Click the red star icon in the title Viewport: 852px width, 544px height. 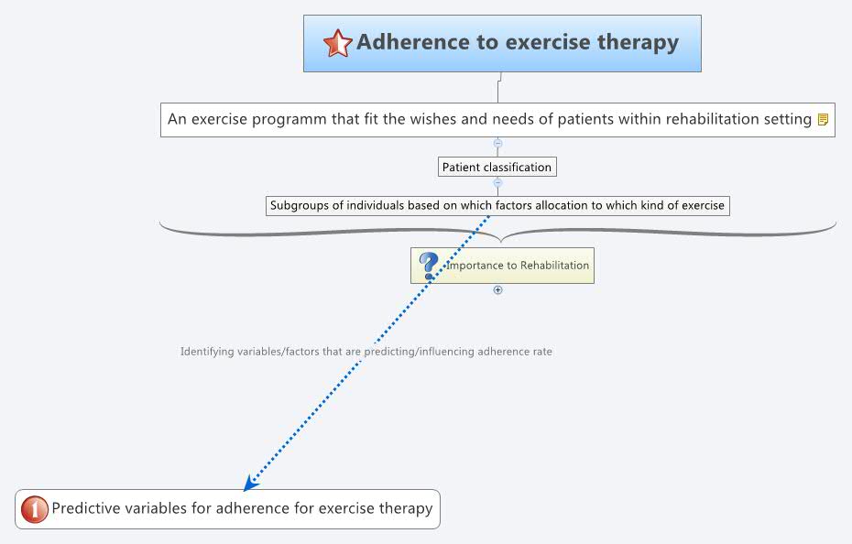pyautogui.click(x=337, y=43)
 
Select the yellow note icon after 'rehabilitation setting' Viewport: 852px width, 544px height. pyautogui.click(x=823, y=119)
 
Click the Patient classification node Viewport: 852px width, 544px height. pyautogui.click(x=497, y=167)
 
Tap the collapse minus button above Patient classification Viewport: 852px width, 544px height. pyautogui.click(x=497, y=143)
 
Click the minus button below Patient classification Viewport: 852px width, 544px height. pyautogui.click(x=497, y=182)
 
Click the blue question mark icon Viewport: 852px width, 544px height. pyautogui.click(x=428, y=266)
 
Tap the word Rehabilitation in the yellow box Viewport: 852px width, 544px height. pyautogui.click(x=554, y=266)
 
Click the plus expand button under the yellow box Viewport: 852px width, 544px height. pyautogui.click(x=498, y=289)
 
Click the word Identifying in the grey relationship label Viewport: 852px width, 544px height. pyautogui.click(x=208, y=352)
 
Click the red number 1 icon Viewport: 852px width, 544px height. pyautogui.click(x=34, y=508)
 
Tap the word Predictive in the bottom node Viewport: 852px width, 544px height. pyautogui.click(x=83, y=508)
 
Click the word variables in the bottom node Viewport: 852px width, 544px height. pyautogui.click(x=154, y=508)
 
